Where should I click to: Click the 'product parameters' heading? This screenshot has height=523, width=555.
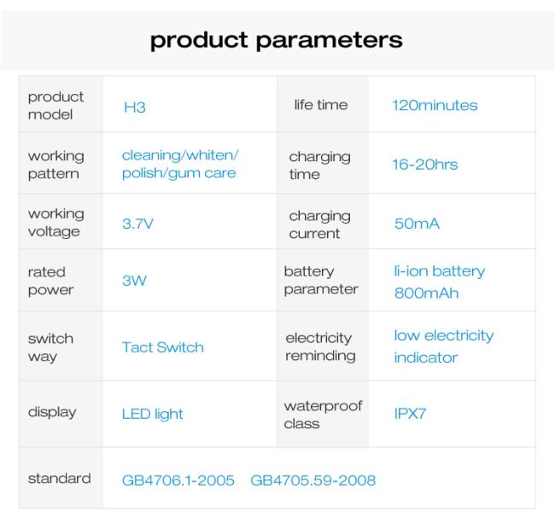277,40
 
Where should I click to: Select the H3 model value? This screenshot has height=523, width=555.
135,108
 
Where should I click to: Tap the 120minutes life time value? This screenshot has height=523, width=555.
435,106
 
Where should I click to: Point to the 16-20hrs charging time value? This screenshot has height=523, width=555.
425,165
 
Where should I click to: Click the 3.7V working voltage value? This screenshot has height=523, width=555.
137,224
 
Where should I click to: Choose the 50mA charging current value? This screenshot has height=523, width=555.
417,224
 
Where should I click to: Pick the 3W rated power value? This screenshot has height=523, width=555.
134,281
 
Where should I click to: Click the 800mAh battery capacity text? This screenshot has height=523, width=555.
427,293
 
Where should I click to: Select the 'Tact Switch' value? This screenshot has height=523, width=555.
163,347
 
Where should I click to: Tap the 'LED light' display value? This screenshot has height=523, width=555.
153,414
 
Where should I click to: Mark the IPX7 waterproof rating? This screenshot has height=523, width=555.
410,414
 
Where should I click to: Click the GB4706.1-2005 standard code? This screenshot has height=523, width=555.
178,480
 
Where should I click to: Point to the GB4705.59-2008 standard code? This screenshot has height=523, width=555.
313,480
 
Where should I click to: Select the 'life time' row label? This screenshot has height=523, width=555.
321,105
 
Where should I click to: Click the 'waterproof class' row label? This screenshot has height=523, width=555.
323,415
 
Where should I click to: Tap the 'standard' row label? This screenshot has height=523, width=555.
60,479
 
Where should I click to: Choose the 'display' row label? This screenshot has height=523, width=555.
52,412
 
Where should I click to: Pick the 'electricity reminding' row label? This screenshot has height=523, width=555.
320,347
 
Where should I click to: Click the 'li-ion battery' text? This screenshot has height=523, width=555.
440,271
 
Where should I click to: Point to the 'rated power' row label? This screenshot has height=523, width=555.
50,282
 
